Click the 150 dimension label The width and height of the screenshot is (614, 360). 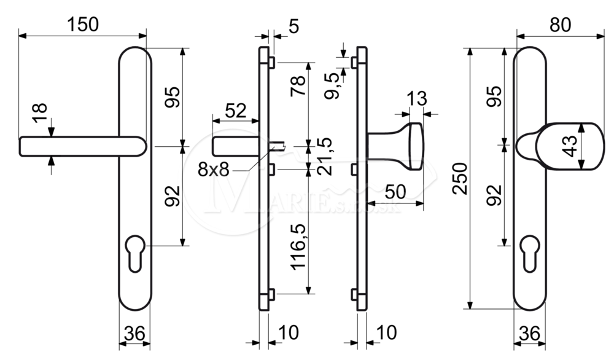(x=83, y=25)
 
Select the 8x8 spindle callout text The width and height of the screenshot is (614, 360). (x=214, y=170)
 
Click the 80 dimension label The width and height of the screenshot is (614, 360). (x=561, y=25)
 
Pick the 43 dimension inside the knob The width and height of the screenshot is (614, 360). (x=571, y=146)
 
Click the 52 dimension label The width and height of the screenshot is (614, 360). (x=236, y=111)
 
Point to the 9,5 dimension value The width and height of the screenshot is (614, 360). (x=334, y=86)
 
